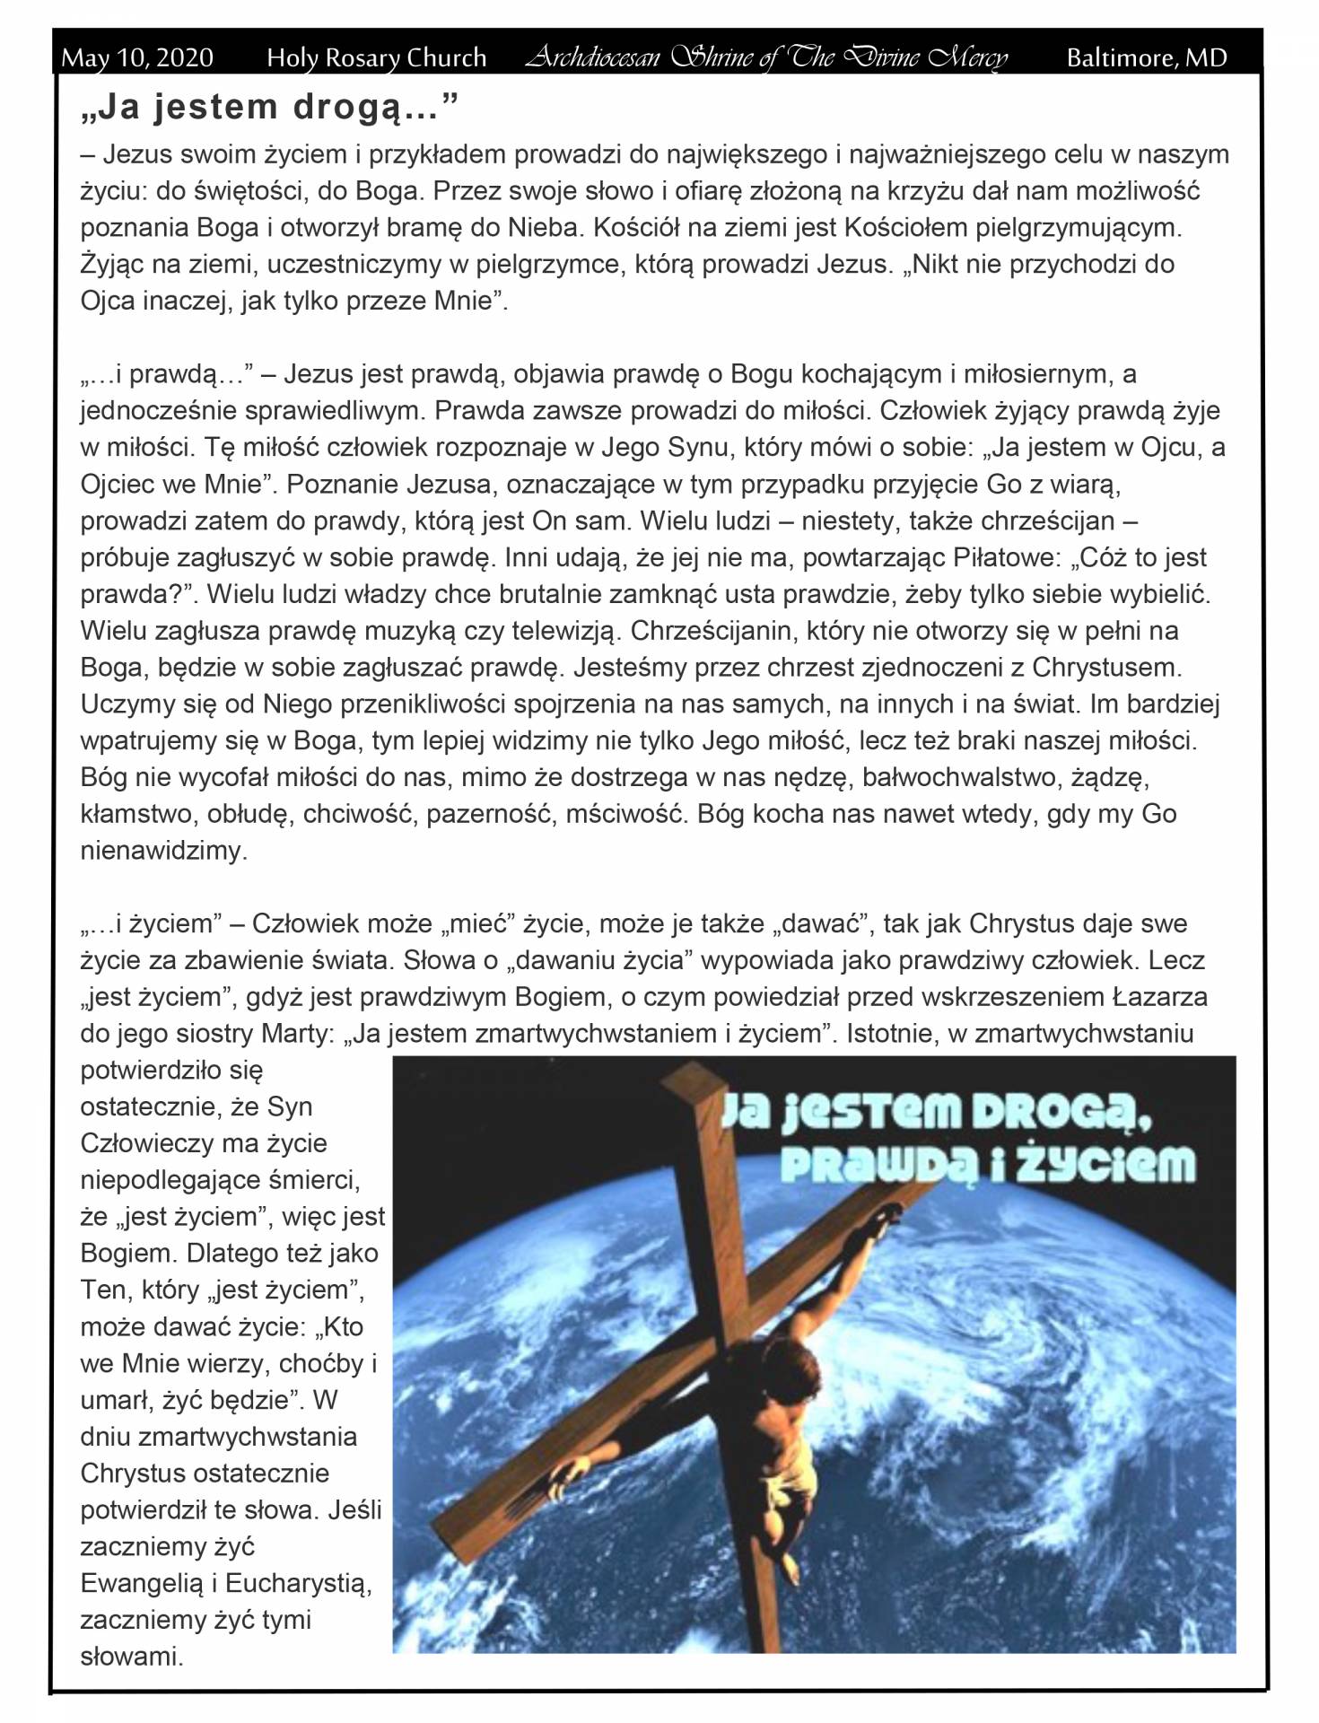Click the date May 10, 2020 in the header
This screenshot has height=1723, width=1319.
click(x=137, y=58)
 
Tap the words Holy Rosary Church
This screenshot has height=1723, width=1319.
click(x=376, y=58)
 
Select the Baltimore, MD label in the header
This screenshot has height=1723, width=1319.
click(x=1146, y=58)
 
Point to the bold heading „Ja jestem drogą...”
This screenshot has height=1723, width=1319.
click(x=268, y=107)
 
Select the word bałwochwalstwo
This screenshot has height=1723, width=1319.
click(x=959, y=777)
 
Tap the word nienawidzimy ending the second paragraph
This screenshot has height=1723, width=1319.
click(x=163, y=851)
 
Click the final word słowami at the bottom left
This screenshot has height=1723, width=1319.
click(x=131, y=1657)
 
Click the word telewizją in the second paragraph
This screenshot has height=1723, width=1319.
click(x=564, y=631)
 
